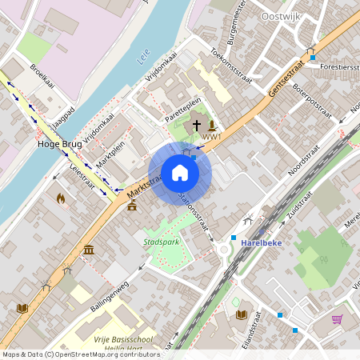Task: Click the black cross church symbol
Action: (197, 126)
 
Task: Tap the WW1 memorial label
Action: (211, 137)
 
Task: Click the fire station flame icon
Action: (61, 198)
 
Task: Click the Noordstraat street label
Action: (304, 163)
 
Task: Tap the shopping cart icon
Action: (337, 319)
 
